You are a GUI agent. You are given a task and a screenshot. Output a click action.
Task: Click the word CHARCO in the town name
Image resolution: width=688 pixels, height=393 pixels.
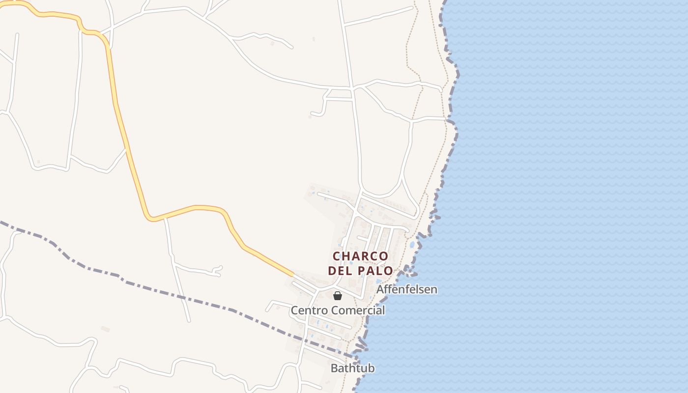(x=360, y=256)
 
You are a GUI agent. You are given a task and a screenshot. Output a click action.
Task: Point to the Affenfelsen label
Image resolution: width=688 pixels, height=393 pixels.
(x=406, y=289)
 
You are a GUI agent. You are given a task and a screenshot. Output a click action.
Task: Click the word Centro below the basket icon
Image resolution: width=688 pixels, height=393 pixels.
(x=309, y=310)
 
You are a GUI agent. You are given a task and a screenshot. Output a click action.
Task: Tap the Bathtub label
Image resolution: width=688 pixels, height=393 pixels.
(x=352, y=368)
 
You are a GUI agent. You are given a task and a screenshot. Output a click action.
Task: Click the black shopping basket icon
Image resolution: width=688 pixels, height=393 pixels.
(x=338, y=296)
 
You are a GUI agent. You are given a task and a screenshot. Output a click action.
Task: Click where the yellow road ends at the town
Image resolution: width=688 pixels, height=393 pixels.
(x=293, y=274)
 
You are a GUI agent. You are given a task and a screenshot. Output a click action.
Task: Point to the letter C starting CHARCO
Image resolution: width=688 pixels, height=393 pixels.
(x=337, y=256)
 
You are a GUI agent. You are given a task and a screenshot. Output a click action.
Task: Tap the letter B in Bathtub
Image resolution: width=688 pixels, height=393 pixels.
(x=334, y=368)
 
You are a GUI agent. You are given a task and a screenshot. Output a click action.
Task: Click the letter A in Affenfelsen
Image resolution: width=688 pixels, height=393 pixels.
(x=380, y=289)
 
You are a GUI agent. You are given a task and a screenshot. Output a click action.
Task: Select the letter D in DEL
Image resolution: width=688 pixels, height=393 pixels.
(x=332, y=271)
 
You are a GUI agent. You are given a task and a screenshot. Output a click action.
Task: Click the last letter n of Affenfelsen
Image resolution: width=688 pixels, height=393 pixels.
(x=433, y=289)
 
